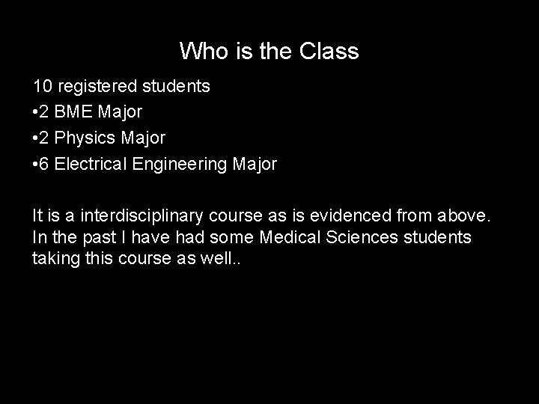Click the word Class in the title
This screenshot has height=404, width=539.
[329, 52]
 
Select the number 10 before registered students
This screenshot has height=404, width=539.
[42, 86]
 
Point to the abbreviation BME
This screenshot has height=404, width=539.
[74, 112]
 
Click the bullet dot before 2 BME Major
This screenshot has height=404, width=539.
[35, 112]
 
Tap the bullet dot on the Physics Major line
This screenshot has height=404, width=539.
[35, 138]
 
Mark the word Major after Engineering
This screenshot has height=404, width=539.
[255, 164]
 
